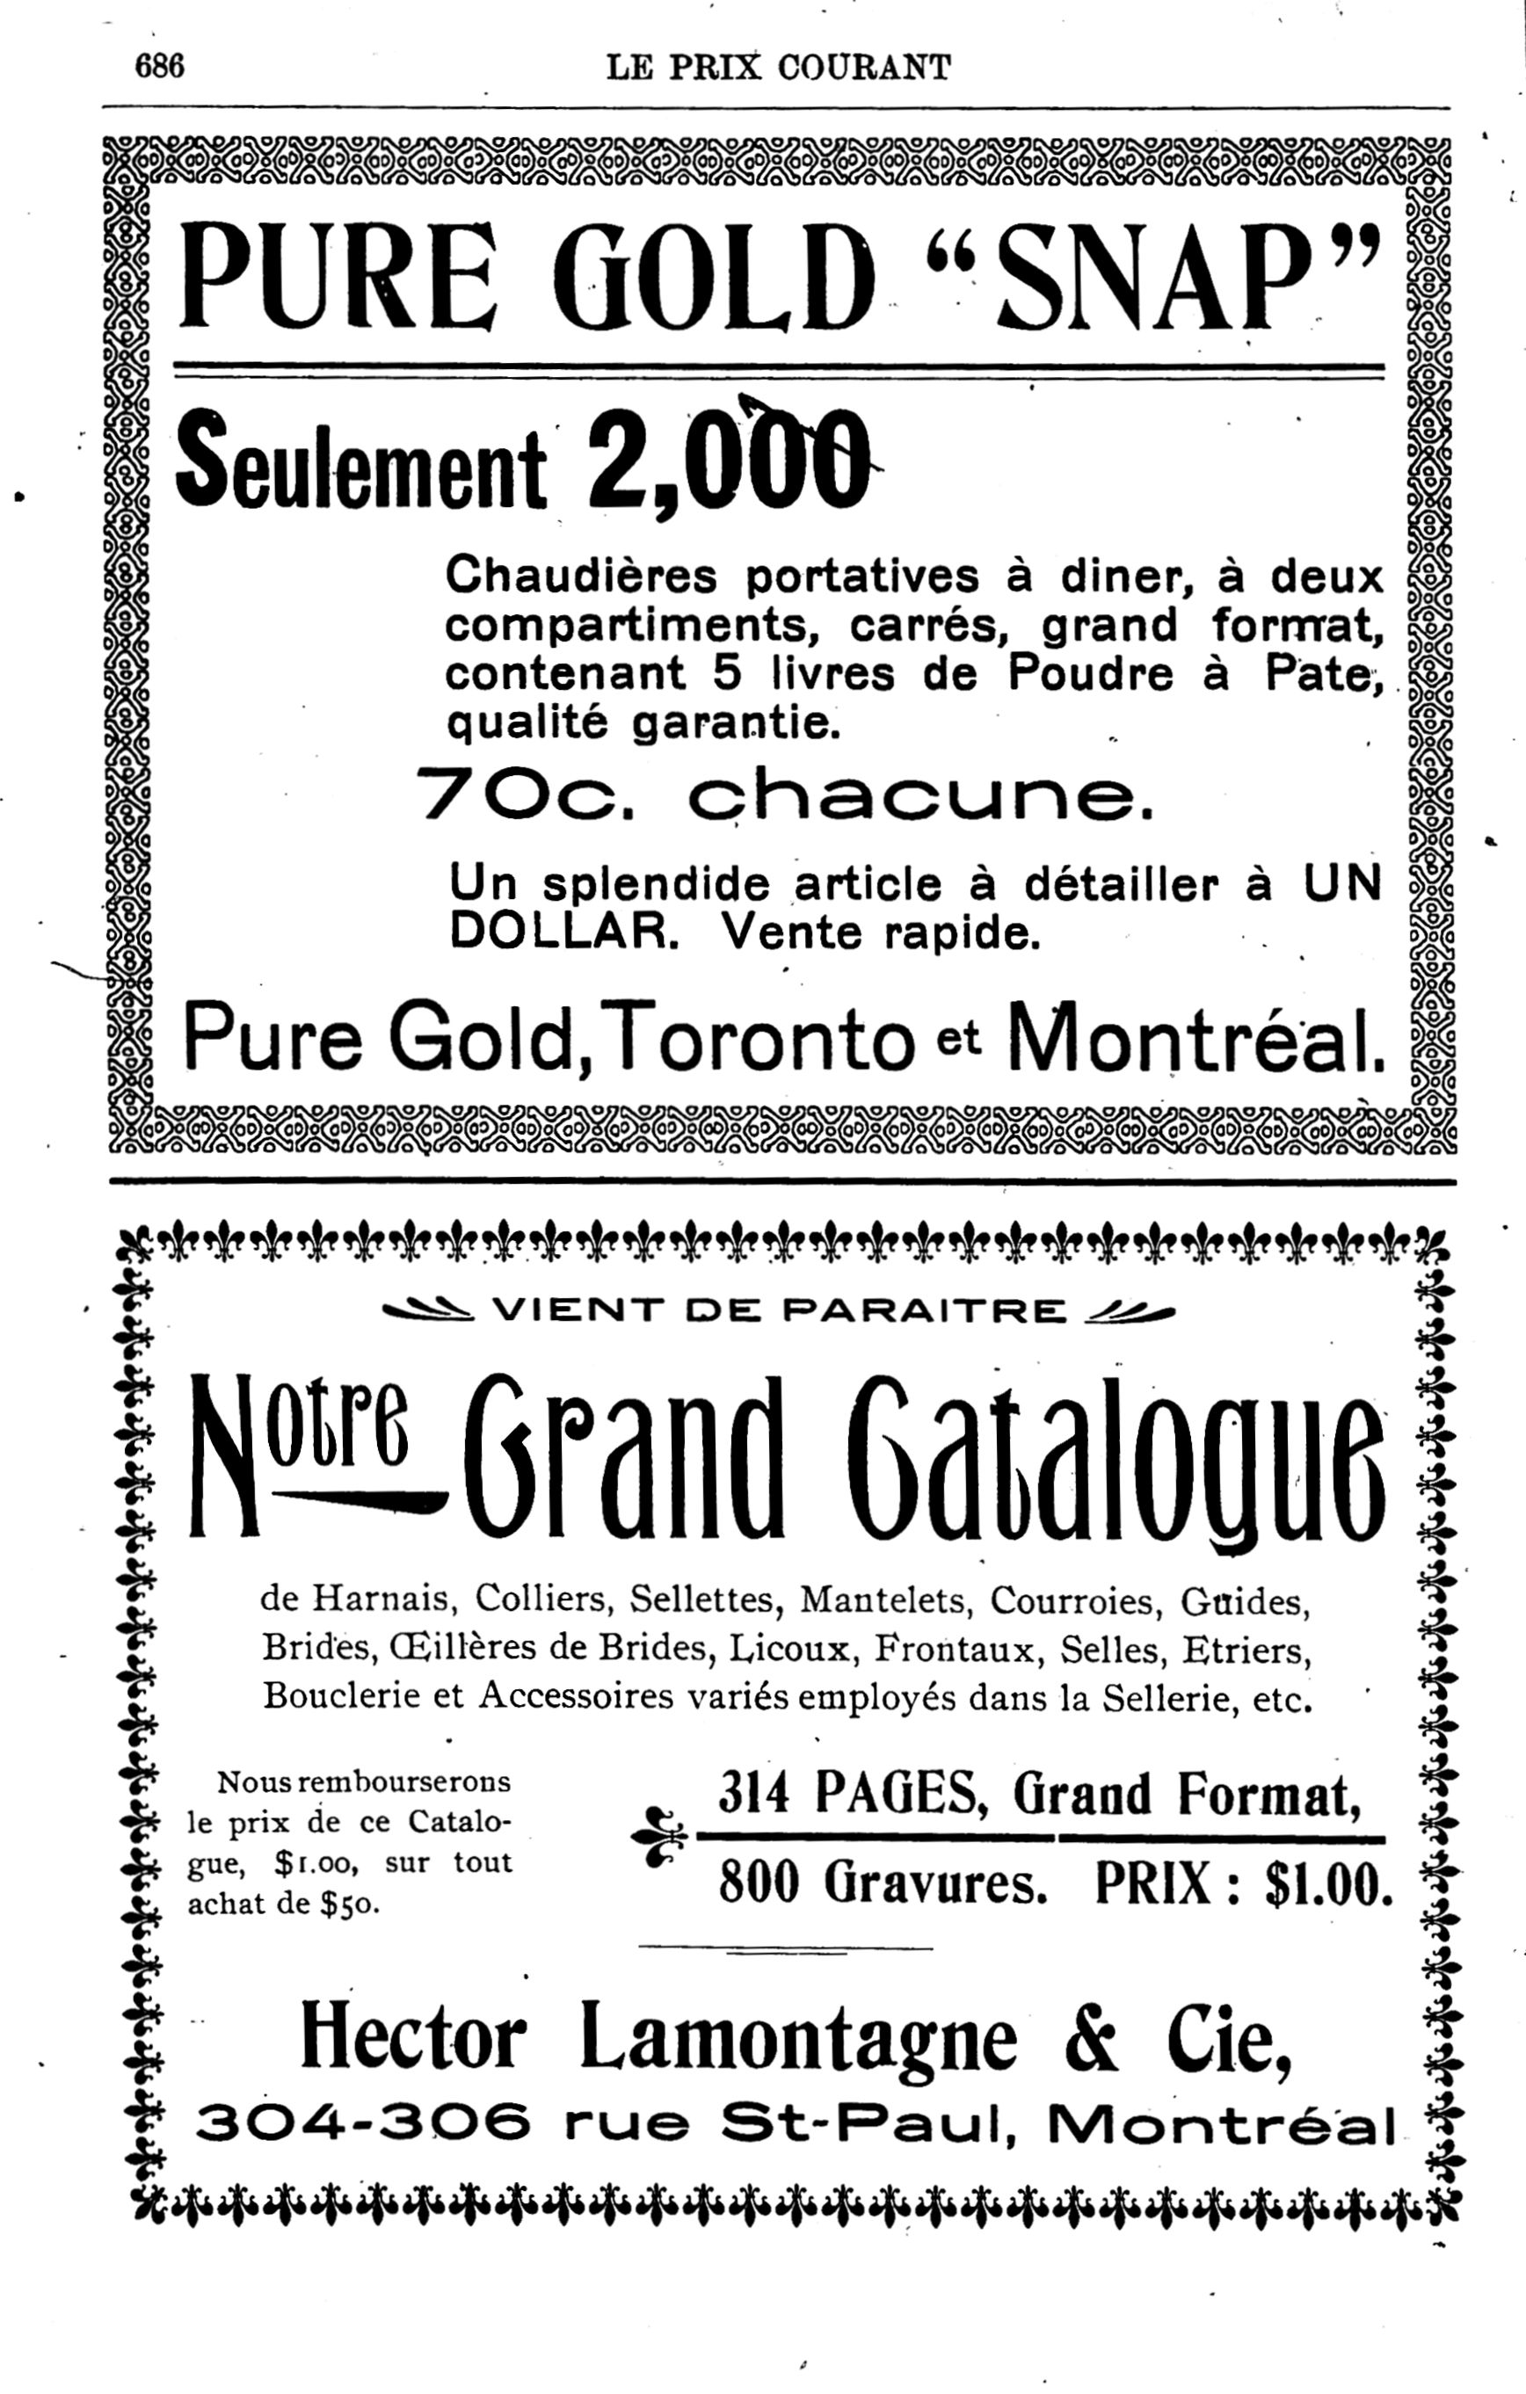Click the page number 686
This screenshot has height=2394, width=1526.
160,67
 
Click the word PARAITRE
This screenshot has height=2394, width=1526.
925,1312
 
